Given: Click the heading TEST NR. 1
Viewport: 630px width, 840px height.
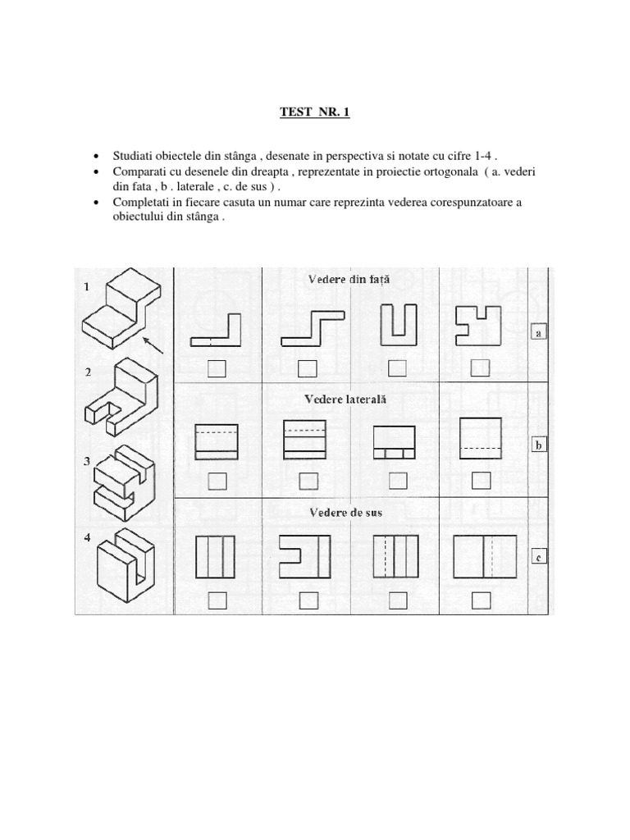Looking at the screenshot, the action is pos(315,112).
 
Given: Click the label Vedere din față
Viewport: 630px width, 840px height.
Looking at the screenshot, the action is pos(349,279).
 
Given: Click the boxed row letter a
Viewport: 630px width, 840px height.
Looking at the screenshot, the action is pos(539,331).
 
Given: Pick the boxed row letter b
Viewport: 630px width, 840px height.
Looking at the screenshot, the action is pos(539,445).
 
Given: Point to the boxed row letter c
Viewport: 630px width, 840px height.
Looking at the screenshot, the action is pos(538,559).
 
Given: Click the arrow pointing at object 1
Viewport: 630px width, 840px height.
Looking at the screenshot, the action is pos(153,344).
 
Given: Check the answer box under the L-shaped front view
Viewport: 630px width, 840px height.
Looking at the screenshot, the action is pos(217,369).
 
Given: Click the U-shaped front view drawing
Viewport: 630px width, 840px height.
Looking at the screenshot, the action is pos(397,325).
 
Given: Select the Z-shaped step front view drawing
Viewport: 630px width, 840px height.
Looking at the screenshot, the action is pos(305,327).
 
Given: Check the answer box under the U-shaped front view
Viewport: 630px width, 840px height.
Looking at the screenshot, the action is pos(397,368).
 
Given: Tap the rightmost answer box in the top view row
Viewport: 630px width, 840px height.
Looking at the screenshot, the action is pos(482,601).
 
